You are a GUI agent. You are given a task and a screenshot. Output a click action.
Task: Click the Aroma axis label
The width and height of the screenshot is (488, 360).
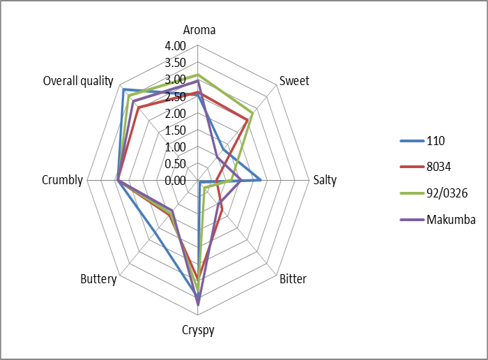point(199,30)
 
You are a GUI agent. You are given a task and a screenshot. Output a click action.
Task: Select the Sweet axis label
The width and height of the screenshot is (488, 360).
point(294,80)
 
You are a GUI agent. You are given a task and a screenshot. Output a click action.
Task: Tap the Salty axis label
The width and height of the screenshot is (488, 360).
point(324,180)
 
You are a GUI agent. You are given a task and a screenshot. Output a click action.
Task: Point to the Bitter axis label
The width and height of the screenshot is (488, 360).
point(292,280)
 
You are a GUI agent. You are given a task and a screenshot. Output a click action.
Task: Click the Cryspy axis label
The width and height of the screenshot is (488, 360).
point(199,329)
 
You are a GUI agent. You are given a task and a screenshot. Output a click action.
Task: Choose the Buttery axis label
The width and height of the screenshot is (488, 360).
point(98,280)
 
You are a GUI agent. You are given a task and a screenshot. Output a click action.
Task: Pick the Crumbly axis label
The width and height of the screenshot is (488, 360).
point(62,180)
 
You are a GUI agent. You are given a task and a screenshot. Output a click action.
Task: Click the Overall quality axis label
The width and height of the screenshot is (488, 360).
point(78,81)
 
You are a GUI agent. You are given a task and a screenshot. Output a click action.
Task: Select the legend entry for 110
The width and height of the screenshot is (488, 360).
point(436,141)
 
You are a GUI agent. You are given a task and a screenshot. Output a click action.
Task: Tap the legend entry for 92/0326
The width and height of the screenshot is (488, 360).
point(446,193)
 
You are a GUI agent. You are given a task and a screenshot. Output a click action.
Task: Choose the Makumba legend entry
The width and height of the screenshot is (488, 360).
point(450,220)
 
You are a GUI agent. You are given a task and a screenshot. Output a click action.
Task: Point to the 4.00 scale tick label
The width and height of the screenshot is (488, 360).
point(176,46)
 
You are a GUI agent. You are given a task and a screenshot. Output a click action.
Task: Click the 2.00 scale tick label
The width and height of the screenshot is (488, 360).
point(176,114)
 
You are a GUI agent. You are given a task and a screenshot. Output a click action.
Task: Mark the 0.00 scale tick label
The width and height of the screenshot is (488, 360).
point(176,181)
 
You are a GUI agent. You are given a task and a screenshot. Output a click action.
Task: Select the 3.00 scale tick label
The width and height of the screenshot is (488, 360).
point(176,80)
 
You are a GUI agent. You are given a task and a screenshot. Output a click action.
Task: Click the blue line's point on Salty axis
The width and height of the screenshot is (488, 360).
point(261,180)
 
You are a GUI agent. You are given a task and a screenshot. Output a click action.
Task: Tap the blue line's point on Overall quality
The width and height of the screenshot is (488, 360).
point(123,89)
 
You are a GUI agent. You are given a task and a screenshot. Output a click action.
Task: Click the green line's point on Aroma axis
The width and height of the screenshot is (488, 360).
point(199,75)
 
